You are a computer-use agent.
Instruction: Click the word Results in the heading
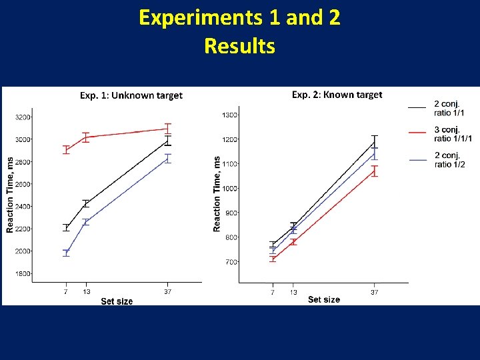tap(239, 46)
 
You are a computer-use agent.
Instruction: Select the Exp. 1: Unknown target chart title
tap(131, 95)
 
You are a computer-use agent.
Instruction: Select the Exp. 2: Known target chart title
tap(337, 95)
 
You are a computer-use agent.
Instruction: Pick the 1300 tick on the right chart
tap(229, 115)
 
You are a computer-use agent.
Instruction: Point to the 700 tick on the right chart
tap(231, 262)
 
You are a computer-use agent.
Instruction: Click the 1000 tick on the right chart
tap(229, 189)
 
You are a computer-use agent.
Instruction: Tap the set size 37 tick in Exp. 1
tap(167, 291)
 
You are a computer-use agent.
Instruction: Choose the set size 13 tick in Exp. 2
tap(293, 292)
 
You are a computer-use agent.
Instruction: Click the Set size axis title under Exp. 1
tap(117, 301)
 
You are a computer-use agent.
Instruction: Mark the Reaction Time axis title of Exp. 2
tap(217, 194)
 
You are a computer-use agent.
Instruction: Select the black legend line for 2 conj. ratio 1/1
tap(417, 107)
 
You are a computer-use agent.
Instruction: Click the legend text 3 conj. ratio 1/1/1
tap(452, 134)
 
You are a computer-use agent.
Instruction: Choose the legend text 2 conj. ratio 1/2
tap(450, 160)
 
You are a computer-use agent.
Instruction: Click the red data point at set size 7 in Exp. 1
tap(66, 150)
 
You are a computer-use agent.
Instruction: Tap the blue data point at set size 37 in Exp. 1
tap(168, 158)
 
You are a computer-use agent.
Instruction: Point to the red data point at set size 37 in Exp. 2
tap(374, 171)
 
